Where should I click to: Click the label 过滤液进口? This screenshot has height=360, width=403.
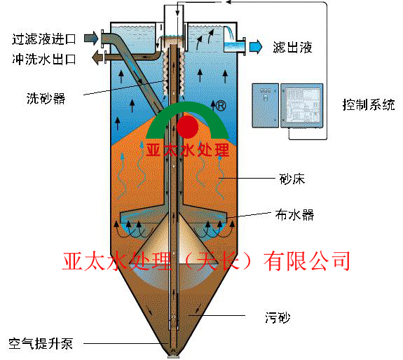tap(44, 39)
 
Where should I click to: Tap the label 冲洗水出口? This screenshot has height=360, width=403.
tap(44, 59)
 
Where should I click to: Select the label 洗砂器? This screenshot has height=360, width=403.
tap(46, 98)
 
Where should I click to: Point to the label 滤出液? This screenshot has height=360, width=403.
tap(292, 47)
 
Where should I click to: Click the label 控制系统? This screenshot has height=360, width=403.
tap(369, 104)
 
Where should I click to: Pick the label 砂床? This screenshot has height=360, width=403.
tap(292, 179)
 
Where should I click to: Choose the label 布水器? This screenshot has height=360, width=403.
tap(294, 214)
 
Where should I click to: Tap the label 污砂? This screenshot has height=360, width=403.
tap(278, 317)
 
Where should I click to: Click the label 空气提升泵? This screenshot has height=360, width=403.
tap(41, 343)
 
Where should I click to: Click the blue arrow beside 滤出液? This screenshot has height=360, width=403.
tap(256, 47)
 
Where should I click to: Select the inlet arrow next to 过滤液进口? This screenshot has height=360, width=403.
tap(91, 39)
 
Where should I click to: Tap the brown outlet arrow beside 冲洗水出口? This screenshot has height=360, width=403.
tap(97, 57)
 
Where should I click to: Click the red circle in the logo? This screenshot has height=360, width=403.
tap(188, 127)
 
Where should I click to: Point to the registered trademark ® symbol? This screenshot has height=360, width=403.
tap(221, 106)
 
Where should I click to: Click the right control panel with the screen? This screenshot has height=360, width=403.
tap(301, 106)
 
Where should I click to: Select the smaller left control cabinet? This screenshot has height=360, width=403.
tap(265, 106)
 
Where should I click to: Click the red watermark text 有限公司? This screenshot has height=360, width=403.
tap(306, 261)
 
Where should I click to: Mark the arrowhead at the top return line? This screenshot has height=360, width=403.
tap(228, 2)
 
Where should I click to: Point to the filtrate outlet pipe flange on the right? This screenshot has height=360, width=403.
tap(244, 46)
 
